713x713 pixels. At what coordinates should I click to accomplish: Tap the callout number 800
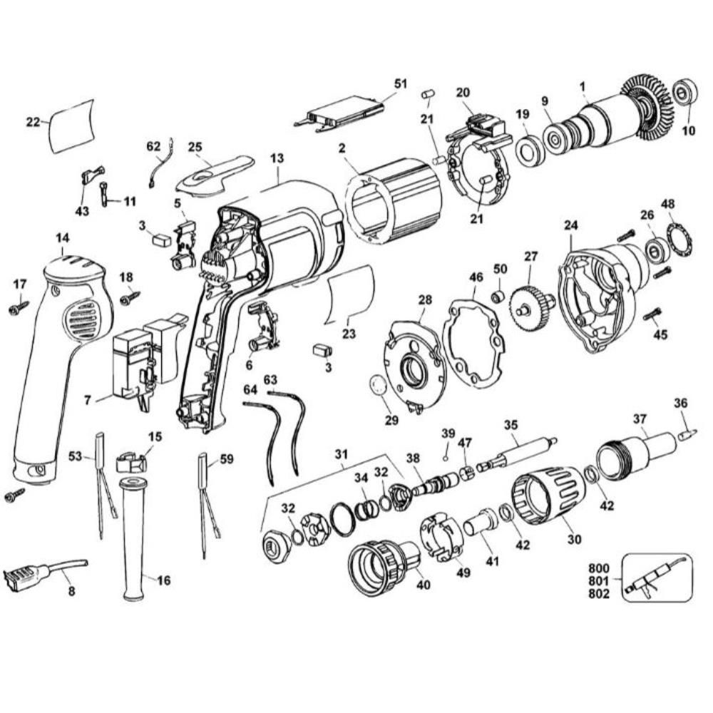(x=600, y=569)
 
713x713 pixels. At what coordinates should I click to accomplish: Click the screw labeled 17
(x=18, y=308)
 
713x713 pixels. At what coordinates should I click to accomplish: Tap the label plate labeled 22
(x=71, y=125)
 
